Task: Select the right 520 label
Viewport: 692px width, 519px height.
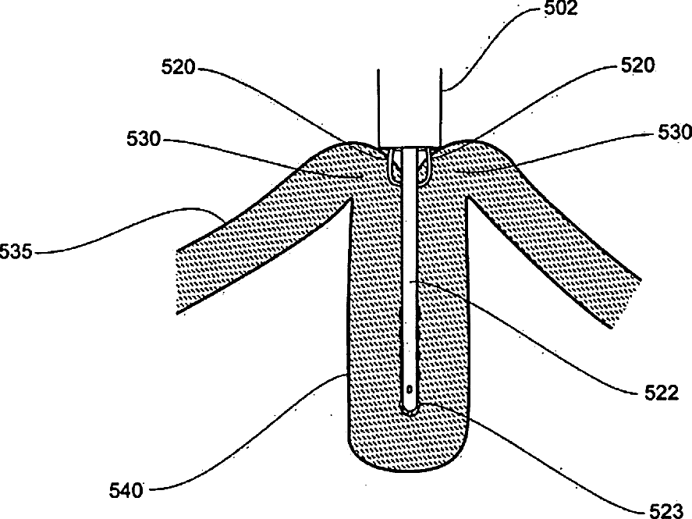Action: (639, 68)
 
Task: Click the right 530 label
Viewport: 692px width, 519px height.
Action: (674, 133)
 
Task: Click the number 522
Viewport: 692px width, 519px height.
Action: (652, 393)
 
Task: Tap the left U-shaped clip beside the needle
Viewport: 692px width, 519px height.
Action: (395, 165)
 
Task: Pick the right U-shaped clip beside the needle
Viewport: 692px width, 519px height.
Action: (426, 165)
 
